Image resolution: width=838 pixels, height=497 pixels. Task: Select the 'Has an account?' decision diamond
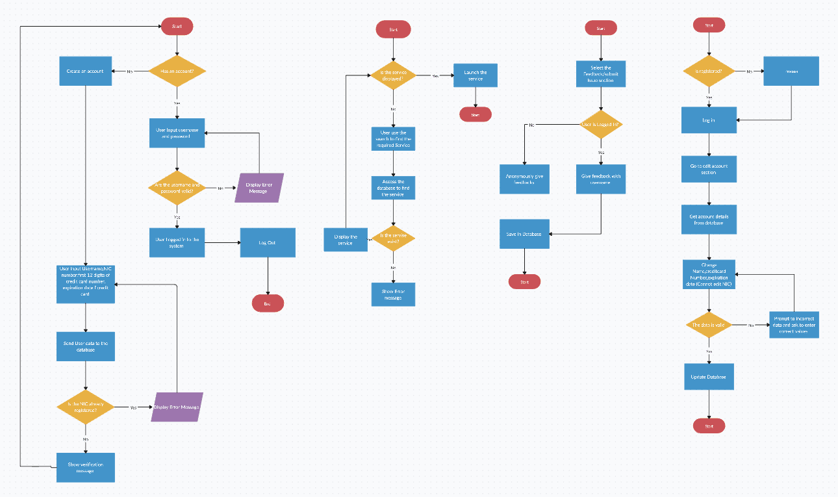[177, 71]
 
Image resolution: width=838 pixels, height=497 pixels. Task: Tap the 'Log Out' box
[268, 242]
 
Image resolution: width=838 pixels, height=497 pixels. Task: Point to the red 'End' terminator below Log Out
[268, 303]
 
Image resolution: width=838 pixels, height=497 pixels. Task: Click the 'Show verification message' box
[86, 467]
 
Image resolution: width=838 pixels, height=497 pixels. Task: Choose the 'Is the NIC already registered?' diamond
[86, 407]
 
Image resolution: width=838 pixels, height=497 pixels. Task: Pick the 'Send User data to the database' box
[86, 346]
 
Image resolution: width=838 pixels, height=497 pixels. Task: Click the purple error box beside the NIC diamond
[177, 407]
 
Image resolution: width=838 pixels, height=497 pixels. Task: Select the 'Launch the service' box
[476, 75]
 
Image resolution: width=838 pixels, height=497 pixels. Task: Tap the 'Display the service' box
[346, 240]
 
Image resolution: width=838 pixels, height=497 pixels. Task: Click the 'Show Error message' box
[393, 294]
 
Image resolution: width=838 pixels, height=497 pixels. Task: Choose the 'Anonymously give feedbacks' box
[524, 179]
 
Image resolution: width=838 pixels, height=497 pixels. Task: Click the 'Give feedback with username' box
[601, 179]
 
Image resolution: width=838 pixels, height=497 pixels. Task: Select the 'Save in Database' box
[524, 234]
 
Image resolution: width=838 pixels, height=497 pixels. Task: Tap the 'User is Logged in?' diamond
[601, 124]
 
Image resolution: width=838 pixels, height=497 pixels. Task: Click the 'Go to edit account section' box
[709, 170]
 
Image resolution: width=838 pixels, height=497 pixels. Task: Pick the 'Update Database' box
[709, 377]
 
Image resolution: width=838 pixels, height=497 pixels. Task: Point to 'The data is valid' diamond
[709, 324]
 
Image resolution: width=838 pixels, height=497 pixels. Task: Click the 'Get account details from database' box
[709, 220]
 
